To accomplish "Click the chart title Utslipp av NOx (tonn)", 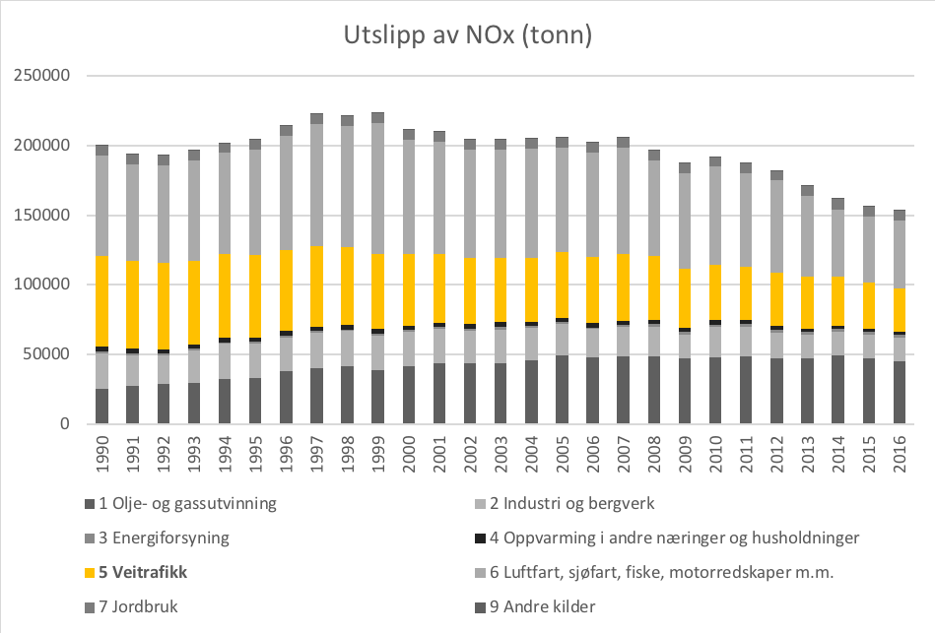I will (467, 35).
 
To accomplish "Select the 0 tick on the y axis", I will (70, 424).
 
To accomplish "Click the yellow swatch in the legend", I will (90, 572).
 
